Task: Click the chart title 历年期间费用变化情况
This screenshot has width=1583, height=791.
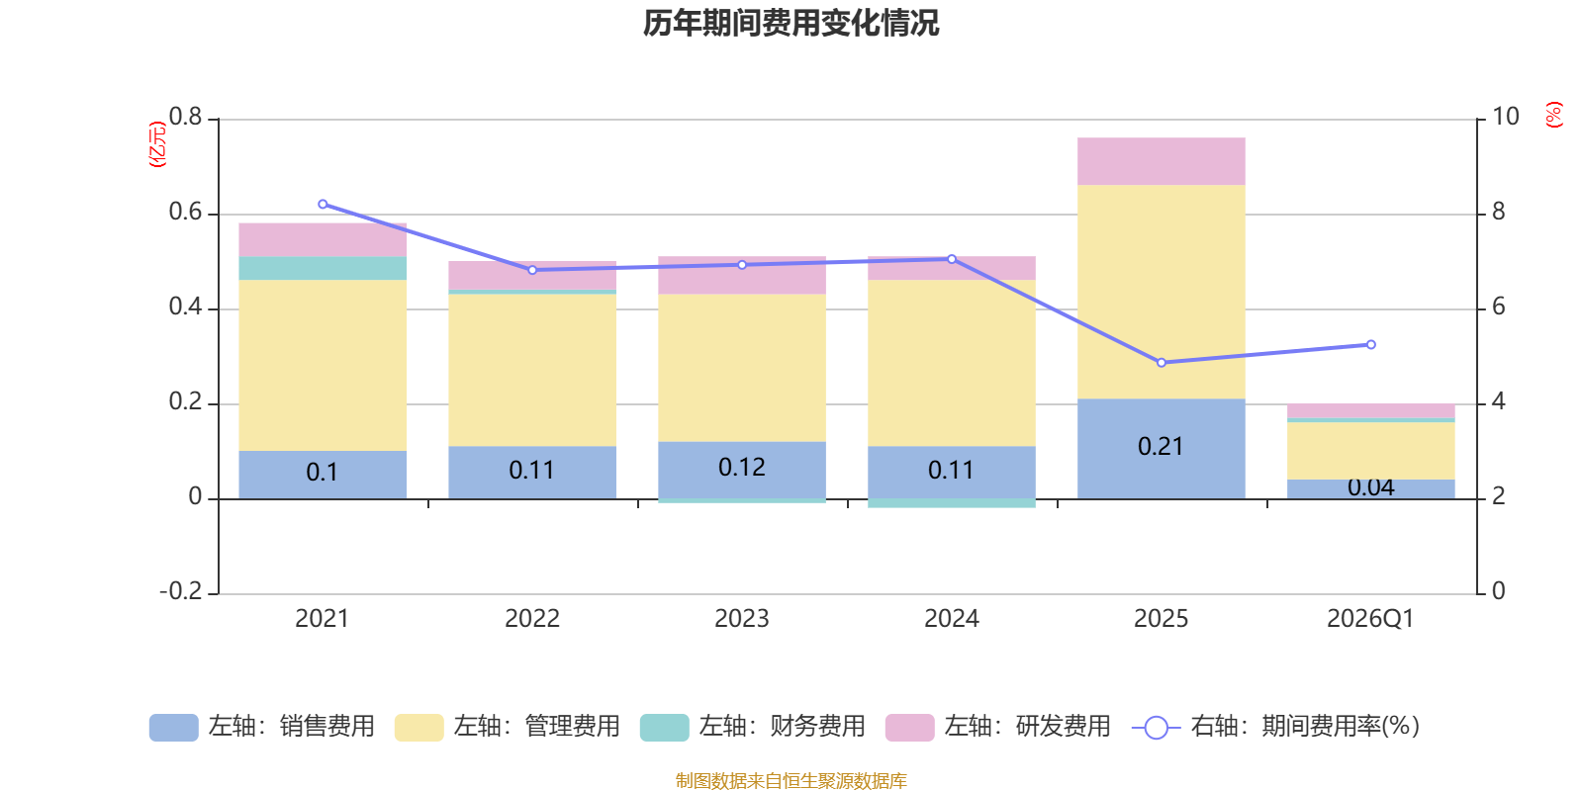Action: pos(791,23)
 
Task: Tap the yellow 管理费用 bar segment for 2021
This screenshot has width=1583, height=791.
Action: pos(323,365)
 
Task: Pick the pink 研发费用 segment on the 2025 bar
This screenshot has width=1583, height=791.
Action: pos(1161,161)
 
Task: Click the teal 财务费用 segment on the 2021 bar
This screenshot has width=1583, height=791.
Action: pos(323,268)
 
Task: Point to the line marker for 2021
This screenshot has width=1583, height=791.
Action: pos(323,205)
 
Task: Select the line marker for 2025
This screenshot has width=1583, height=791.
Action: pos(1161,363)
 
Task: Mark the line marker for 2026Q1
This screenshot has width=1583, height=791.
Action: pos(1370,345)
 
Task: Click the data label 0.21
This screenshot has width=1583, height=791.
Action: pos(1161,447)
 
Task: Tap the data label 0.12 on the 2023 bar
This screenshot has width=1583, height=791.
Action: pos(741,468)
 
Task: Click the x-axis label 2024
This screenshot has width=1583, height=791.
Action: pos(951,619)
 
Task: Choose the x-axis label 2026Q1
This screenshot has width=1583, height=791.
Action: pos(1370,619)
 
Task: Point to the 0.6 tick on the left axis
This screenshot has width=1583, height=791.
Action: pos(185,213)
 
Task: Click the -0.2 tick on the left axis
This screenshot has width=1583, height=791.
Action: pos(180,591)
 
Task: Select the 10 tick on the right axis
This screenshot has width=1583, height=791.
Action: pos(1505,117)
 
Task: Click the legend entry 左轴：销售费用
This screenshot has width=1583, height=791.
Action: pos(262,727)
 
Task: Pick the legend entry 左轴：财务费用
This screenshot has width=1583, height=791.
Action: pos(753,727)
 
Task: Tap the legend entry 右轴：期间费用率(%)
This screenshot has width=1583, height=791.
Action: pos(1275,727)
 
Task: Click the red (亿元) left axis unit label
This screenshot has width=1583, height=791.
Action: pos(156,144)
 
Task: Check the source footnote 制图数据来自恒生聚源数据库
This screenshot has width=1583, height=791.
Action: pos(791,781)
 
